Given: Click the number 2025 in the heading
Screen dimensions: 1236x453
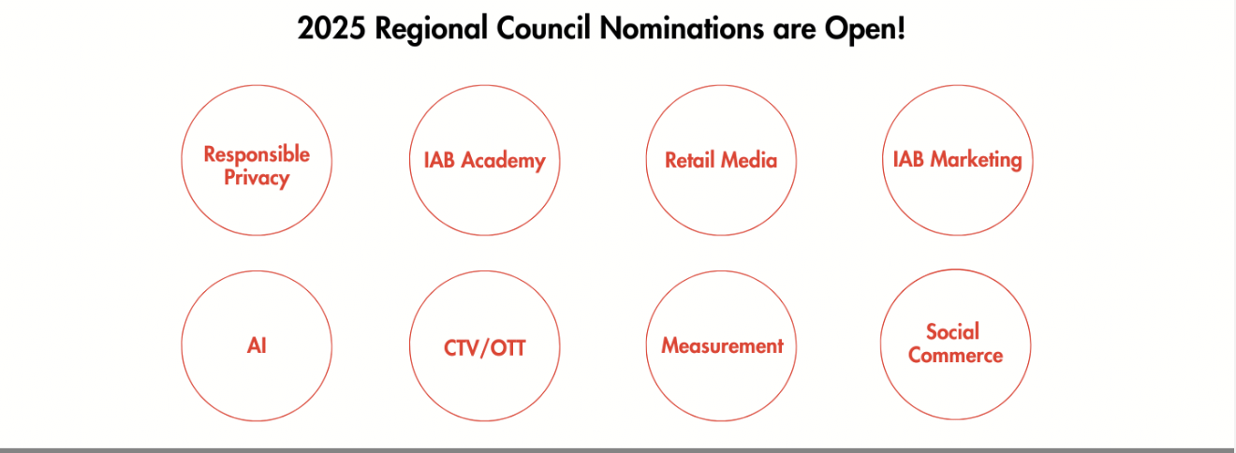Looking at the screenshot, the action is (x=331, y=28).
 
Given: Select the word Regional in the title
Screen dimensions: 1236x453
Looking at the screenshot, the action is (x=432, y=30).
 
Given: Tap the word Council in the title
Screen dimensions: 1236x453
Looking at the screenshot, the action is (x=543, y=28).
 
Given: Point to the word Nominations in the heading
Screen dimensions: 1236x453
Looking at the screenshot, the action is (x=682, y=28).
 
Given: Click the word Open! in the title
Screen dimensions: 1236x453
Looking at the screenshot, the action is (x=864, y=30).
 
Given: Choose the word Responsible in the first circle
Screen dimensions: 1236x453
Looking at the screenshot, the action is (x=257, y=154).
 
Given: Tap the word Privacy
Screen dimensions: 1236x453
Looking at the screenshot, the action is (x=257, y=178).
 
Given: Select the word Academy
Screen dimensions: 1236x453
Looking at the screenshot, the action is (x=503, y=161).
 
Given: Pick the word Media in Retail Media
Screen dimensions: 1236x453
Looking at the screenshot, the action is (x=749, y=160).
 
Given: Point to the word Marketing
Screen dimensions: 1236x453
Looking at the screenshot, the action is (x=976, y=160).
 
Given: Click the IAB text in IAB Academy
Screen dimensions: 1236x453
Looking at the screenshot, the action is (x=439, y=160).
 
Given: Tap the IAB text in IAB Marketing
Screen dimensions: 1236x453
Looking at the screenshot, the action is (x=908, y=159).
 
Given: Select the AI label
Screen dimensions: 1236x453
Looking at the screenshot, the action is (x=257, y=346).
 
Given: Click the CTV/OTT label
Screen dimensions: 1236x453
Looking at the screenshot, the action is (x=484, y=348).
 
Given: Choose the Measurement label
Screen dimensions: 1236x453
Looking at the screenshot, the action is (x=722, y=346).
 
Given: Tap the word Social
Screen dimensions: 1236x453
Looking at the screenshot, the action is (x=952, y=331).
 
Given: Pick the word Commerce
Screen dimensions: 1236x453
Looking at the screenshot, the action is (x=955, y=356).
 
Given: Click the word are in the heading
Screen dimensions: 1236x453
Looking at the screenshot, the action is (x=794, y=31).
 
